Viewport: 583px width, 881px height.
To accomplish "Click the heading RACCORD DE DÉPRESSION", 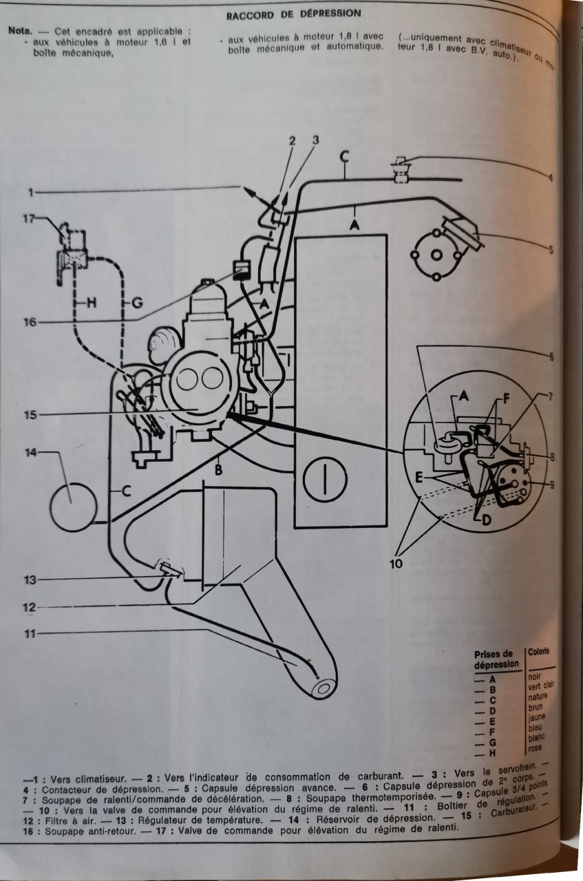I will point(293,13).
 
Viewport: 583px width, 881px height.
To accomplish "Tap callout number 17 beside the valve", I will point(28,220).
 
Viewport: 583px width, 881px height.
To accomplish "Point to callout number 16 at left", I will point(29,321).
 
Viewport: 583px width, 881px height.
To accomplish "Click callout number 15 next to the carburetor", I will point(29,414).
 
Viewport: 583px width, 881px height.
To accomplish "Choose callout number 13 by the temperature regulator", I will point(29,580).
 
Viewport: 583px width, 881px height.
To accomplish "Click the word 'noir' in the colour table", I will point(535,677).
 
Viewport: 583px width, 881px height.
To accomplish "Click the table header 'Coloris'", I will point(541,652).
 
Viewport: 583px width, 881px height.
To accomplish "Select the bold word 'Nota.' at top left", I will point(20,32).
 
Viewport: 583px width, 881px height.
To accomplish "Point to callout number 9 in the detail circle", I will point(551,484).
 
